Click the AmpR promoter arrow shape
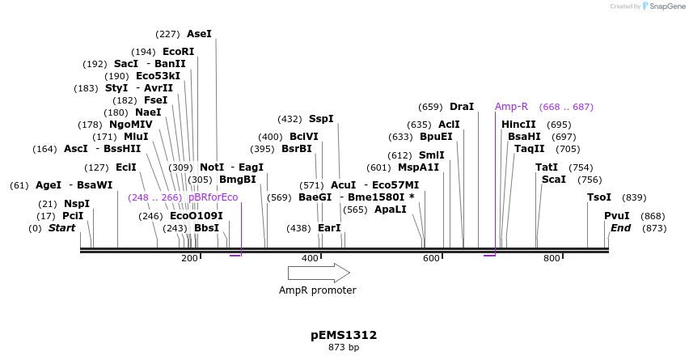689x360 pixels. pos(318,273)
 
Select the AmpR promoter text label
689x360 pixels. pos(318,290)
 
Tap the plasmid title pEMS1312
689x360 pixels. pos(344,335)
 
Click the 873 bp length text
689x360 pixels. pos(344,348)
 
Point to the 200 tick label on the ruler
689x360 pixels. pos(189,258)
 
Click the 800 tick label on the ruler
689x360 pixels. pos(552,258)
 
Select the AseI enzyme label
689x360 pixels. pos(199,34)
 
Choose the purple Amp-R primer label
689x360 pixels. pos(511,107)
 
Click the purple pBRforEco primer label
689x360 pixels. pos(213,197)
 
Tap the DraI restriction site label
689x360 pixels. pos(462,107)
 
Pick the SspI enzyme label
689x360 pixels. pos(321,119)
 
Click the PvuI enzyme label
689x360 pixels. pos(617,216)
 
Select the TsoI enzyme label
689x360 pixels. pos(599,197)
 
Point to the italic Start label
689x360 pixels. pos(61,228)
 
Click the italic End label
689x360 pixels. pos(621,228)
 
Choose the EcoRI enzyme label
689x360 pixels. pos(179,51)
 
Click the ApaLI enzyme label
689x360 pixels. pos(390,210)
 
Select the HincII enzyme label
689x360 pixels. pos(518,125)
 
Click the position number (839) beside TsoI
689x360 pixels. pos(634,197)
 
